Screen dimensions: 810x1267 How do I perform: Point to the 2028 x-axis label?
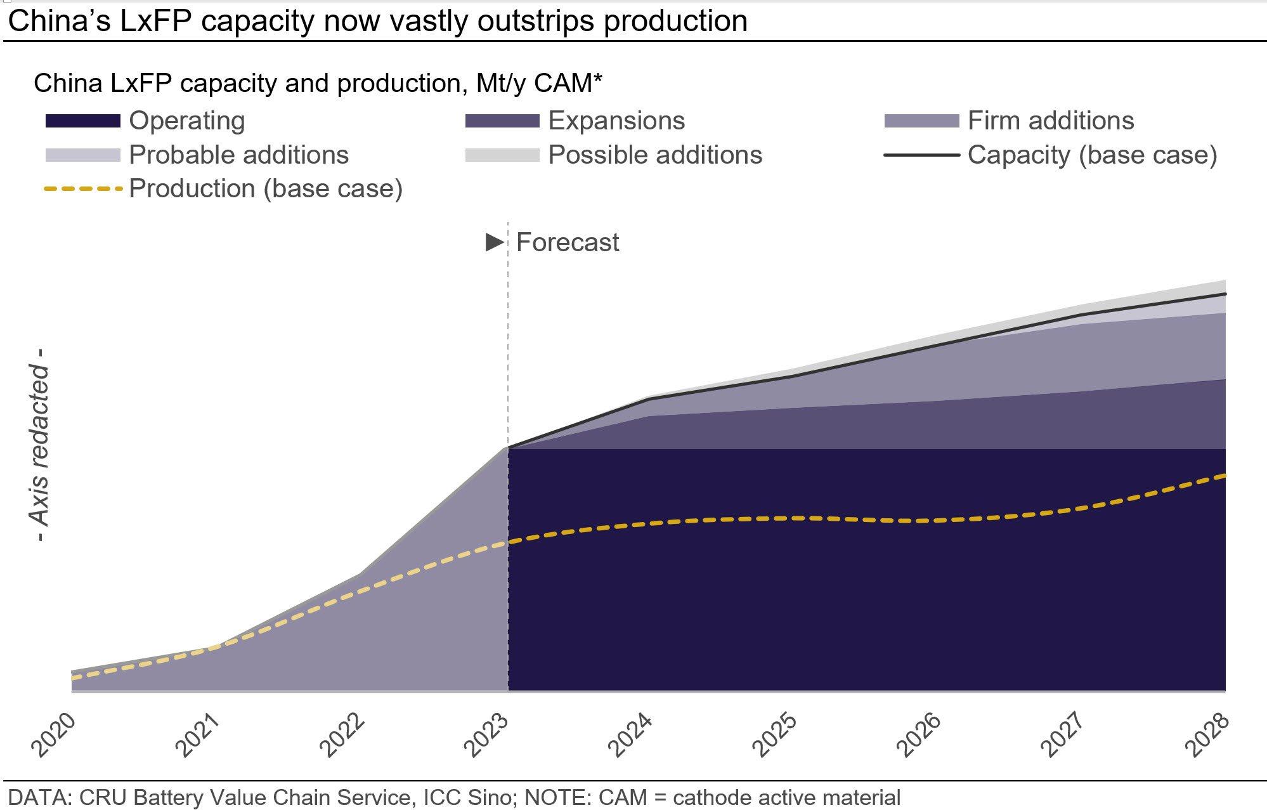(x=1209, y=735)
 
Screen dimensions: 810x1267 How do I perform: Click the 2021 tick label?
(x=198, y=735)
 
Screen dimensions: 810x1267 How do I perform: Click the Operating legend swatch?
(x=82, y=121)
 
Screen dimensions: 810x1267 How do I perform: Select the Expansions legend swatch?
(x=502, y=121)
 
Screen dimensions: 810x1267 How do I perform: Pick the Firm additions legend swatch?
(x=921, y=121)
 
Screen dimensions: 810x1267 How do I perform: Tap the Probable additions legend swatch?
(x=82, y=155)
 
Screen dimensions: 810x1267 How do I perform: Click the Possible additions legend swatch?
(x=502, y=155)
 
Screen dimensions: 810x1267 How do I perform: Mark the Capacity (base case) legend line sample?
(x=921, y=155)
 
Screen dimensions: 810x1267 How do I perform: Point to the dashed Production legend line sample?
(x=82, y=189)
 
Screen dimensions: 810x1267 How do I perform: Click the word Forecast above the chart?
(x=568, y=242)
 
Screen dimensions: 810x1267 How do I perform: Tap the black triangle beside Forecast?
(x=494, y=242)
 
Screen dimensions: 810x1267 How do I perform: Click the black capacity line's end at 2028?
(x=1225, y=294)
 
